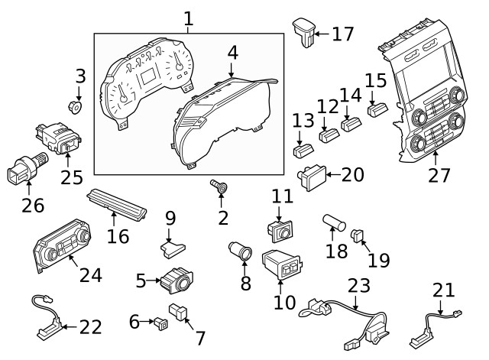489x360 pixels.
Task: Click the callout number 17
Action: tap(343, 34)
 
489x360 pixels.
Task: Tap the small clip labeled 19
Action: tap(358, 235)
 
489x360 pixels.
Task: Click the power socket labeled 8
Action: tap(241, 251)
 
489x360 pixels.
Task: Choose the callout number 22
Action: tap(90, 327)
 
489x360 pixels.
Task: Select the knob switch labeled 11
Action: tap(283, 228)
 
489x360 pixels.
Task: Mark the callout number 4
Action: tap(232, 54)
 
